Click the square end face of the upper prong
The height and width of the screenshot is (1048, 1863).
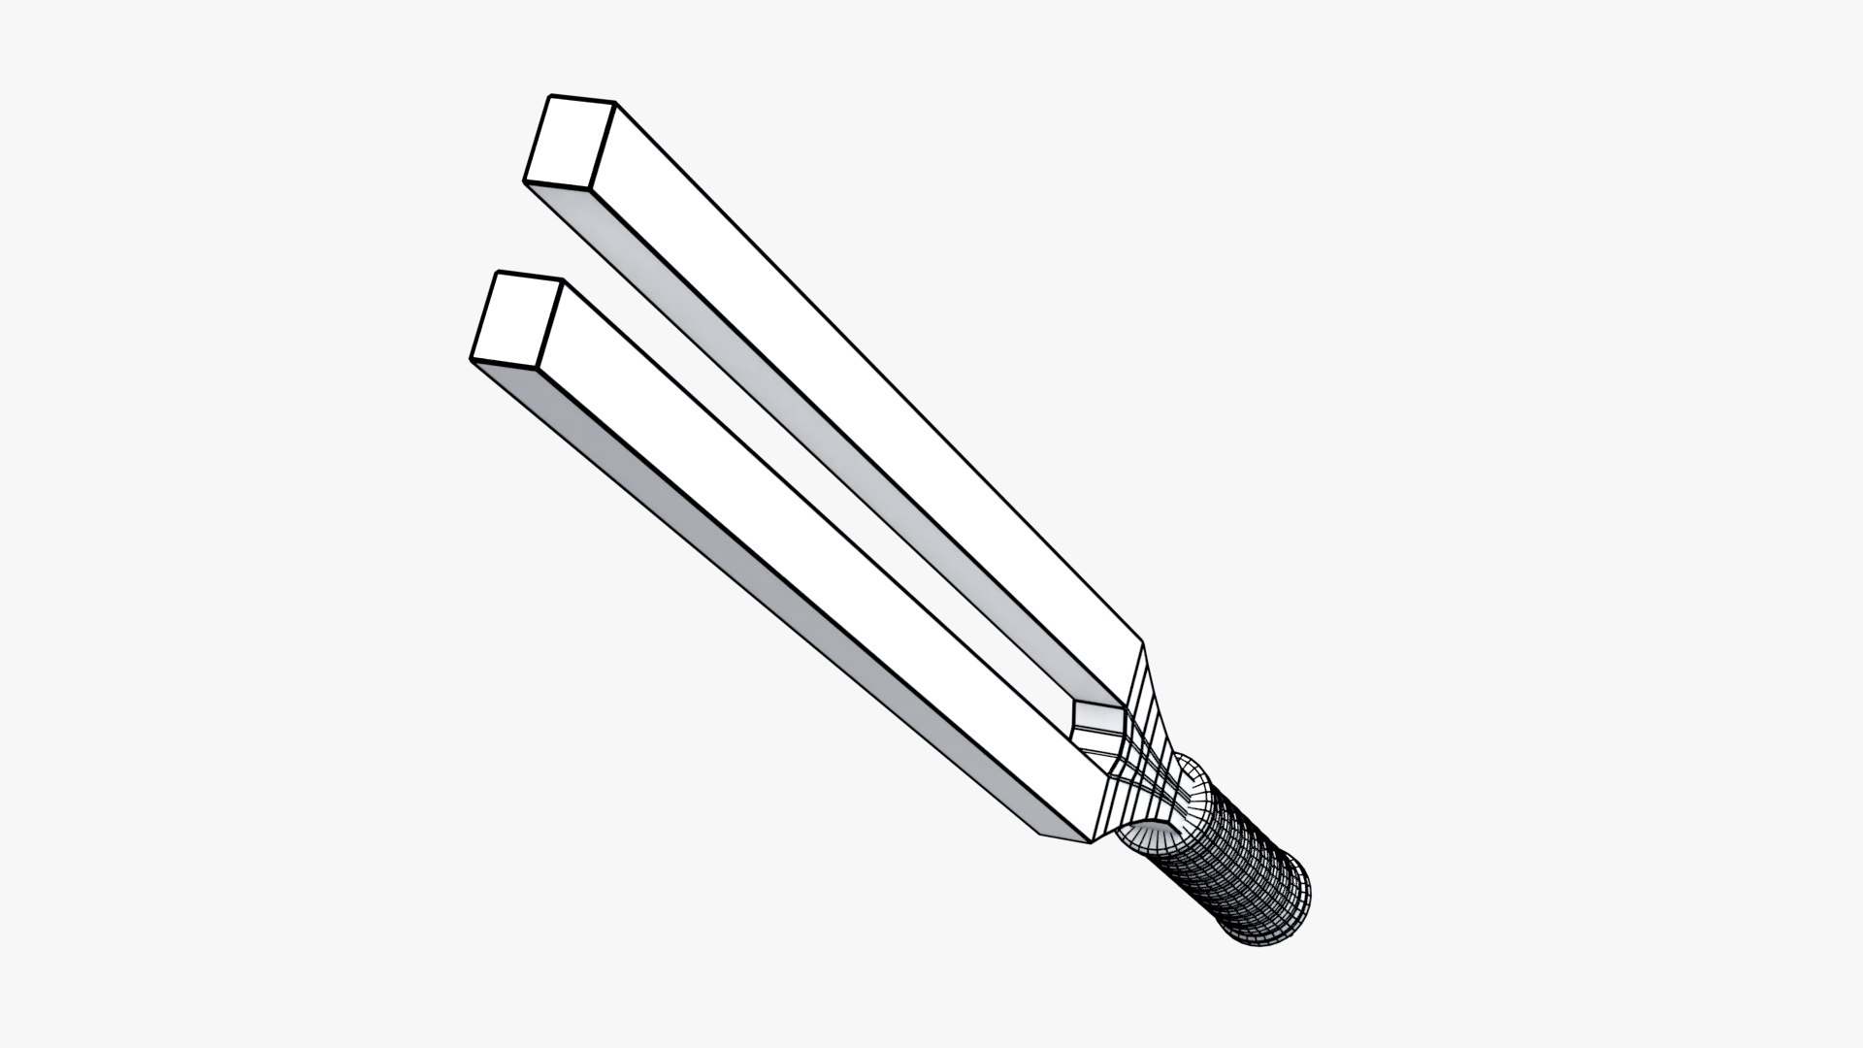571,144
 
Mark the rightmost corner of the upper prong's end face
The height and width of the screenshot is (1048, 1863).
616,102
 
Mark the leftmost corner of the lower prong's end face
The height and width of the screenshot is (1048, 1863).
472,359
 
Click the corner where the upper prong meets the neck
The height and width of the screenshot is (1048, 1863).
1144,643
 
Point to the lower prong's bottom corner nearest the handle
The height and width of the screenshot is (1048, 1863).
1092,842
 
